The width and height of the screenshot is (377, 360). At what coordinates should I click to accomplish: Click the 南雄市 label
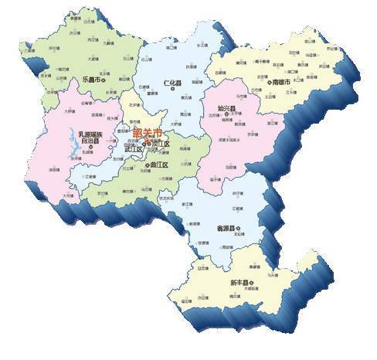(x=280, y=81)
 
